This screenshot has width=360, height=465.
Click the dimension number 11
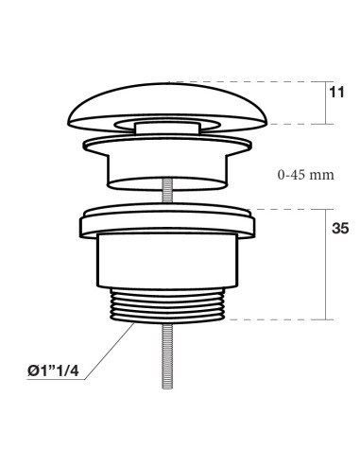(x=336, y=93)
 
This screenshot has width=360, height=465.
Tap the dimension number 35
(x=340, y=228)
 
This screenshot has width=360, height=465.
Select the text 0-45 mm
(x=306, y=175)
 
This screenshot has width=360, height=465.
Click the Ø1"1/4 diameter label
(x=53, y=370)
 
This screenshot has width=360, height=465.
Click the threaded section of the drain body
(x=167, y=305)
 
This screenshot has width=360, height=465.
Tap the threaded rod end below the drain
(x=167, y=356)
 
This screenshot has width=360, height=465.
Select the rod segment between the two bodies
(x=167, y=196)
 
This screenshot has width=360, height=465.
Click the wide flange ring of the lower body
(x=167, y=222)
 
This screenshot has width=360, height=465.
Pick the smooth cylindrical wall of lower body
(x=167, y=261)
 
